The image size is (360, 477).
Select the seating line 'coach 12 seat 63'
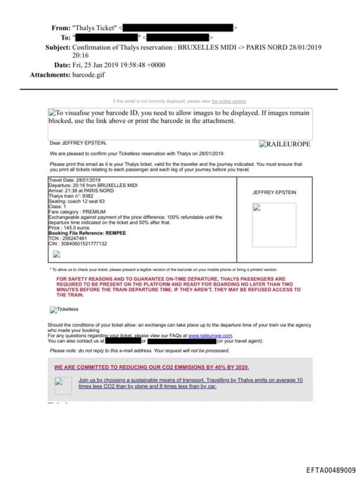96,202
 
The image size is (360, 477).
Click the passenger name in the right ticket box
274,191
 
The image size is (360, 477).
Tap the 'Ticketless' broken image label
65,308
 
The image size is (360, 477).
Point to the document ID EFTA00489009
330,469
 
